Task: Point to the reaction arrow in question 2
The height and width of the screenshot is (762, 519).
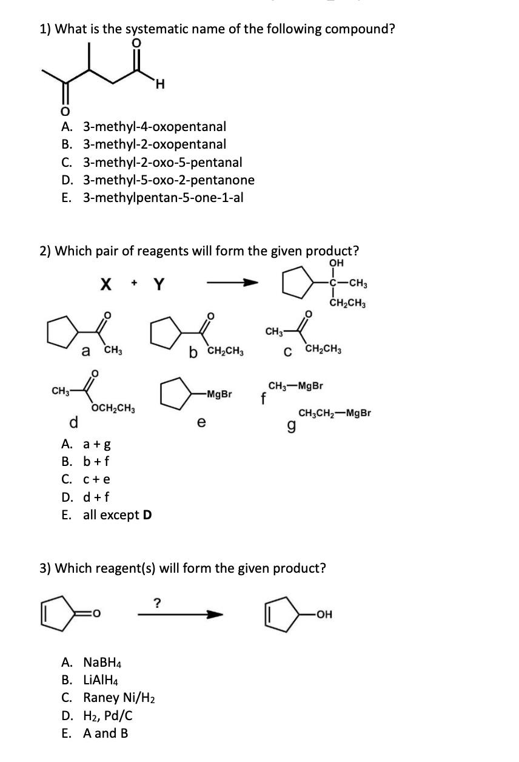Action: (233, 283)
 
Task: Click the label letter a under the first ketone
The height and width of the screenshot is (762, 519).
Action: (87, 350)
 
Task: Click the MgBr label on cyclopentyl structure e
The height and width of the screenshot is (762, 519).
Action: (219, 394)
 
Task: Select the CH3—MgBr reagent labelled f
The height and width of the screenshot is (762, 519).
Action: (295, 386)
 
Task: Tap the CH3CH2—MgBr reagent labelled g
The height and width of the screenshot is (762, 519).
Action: (335, 414)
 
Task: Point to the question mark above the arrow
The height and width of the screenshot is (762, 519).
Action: (158, 602)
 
